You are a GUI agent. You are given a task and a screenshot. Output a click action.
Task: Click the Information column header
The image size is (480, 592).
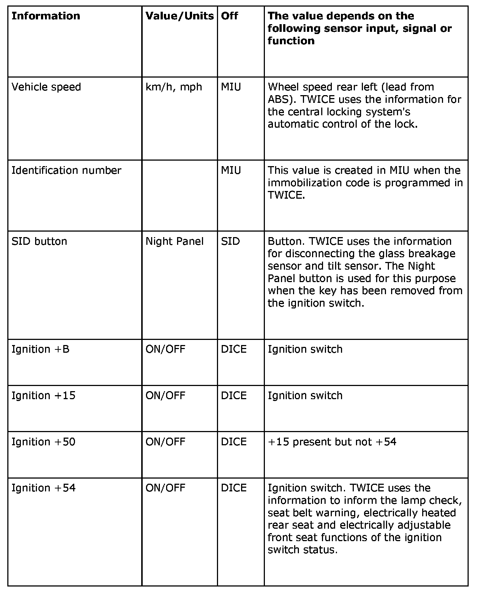[46, 16]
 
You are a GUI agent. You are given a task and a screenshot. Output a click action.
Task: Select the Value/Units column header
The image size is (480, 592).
[179, 16]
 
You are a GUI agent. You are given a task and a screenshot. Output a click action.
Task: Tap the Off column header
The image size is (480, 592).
[229, 16]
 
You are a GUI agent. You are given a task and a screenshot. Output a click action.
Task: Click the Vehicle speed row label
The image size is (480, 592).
[46, 87]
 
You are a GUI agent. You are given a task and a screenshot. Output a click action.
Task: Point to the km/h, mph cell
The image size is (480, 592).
[174, 87]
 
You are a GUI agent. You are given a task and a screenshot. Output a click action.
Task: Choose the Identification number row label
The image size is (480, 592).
[66, 171]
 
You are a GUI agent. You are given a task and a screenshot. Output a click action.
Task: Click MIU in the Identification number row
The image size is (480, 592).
[231, 171]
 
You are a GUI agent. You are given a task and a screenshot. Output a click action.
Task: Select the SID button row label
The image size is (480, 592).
[39, 241]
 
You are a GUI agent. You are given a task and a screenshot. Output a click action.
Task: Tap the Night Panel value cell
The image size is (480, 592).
[175, 241]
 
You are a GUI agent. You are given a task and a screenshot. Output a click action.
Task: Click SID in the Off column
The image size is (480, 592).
[230, 241]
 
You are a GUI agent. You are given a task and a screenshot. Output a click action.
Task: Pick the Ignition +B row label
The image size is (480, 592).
[40, 349]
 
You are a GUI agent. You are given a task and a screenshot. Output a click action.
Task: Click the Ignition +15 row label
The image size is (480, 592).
[43, 396]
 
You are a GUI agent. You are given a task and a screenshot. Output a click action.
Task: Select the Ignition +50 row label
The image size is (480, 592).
[43, 442]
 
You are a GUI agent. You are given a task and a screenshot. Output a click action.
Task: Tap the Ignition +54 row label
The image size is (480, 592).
[43, 488]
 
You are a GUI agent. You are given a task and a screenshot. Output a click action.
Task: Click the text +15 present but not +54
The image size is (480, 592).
[332, 442]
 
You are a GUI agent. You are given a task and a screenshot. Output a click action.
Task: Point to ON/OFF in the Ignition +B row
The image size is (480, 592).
[165, 349]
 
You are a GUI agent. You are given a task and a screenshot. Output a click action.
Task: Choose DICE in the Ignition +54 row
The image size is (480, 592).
[234, 488]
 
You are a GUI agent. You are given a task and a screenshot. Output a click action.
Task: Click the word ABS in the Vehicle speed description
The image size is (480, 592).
[278, 100]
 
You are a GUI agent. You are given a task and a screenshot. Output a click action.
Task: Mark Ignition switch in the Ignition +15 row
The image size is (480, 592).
[305, 396]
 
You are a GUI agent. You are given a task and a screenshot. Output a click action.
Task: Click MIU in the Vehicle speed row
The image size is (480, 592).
[231, 87]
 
